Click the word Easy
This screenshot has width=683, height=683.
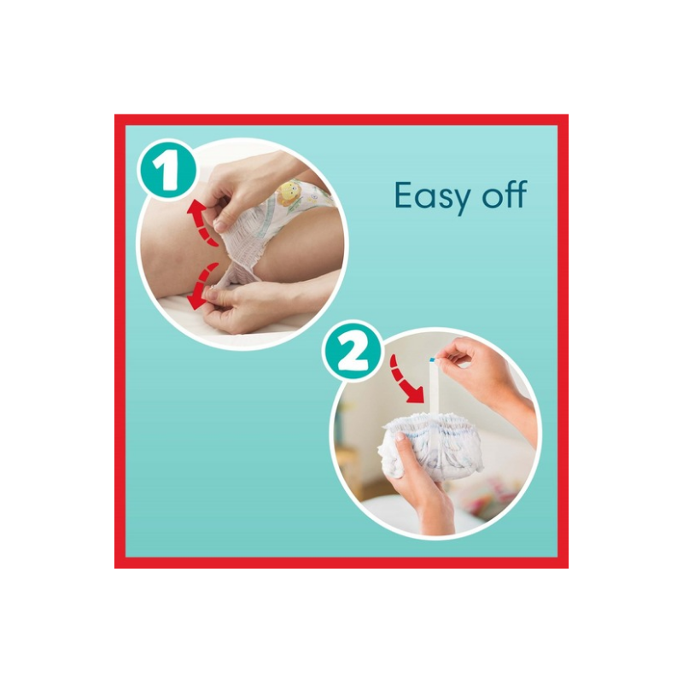coord(432,197)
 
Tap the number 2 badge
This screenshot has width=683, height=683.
coord(353,351)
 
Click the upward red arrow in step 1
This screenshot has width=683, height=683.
coord(200,222)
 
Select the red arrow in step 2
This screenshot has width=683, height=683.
coord(405,380)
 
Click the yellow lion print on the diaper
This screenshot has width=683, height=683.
coord(288,194)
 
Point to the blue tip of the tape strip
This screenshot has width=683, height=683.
coord(432,359)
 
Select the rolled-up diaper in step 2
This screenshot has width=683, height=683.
coord(431,445)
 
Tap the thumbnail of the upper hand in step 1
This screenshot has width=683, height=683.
coord(220,225)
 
